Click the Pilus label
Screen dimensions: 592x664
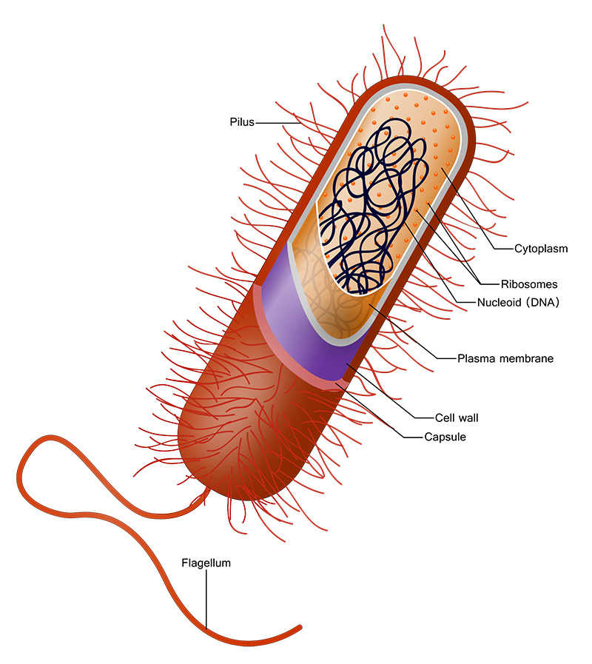[242, 122]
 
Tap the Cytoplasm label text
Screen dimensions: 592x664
[541, 249]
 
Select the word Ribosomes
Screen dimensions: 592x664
[529, 284]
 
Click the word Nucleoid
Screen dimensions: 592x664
[499, 302]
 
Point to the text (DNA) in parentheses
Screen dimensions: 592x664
[542, 302]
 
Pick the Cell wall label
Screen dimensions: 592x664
[457, 418]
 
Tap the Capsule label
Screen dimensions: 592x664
[445, 437]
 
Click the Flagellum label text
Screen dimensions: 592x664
[206, 563]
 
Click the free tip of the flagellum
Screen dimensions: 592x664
[300, 627]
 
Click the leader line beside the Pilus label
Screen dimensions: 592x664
[277, 123]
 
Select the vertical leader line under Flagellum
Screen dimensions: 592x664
[206, 599]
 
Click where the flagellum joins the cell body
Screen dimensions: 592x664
[207, 492]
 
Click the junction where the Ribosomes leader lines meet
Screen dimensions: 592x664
[480, 284]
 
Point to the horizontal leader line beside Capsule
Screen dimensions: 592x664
[414, 437]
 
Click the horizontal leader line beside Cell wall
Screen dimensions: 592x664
[425, 418]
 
